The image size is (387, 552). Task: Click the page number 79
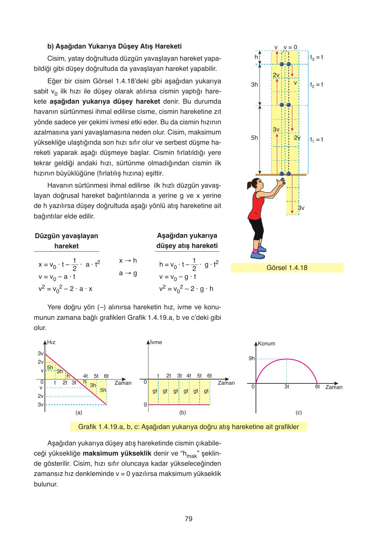[x=188, y=519]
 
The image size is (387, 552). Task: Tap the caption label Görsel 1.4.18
[x=287, y=268]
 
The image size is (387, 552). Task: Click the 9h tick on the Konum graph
[x=252, y=358]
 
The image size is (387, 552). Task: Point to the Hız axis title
[x=51, y=342]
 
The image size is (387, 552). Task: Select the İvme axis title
[x=156, y=342]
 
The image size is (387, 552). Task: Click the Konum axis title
[x=266, y=344]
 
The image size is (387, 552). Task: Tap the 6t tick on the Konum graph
[x=317, y=387]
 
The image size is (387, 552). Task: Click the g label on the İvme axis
[x=145, y=404]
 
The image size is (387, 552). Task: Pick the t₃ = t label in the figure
[x=317, y=57]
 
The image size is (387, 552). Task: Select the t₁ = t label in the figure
[x=317, y=139]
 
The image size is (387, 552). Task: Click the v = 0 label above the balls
[x=290, y=47]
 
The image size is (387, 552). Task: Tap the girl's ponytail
[x=248, y=184]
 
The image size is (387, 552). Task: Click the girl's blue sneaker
[x=258, y=255]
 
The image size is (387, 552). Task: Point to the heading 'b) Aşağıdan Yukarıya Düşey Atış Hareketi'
[x=114, y=46]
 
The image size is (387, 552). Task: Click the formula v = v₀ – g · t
[x=178, y=276]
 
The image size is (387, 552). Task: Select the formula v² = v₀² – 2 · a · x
[x=66, y=289]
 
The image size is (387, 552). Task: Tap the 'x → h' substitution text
[x=128, y=260]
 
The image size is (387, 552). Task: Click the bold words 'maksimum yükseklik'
[x=117, y=454]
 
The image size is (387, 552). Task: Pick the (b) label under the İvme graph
[x=183, y=413]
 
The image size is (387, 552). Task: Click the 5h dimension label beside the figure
[x=254, y=138]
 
